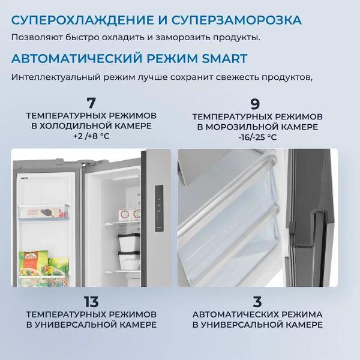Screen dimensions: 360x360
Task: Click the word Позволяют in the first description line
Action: (32, 38)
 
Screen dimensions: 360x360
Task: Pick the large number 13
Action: (91, 301)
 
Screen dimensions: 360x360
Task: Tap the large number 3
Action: (257, 301)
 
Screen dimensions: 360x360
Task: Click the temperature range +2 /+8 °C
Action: (91, 137)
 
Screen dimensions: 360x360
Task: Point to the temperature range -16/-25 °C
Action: (257, 137)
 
